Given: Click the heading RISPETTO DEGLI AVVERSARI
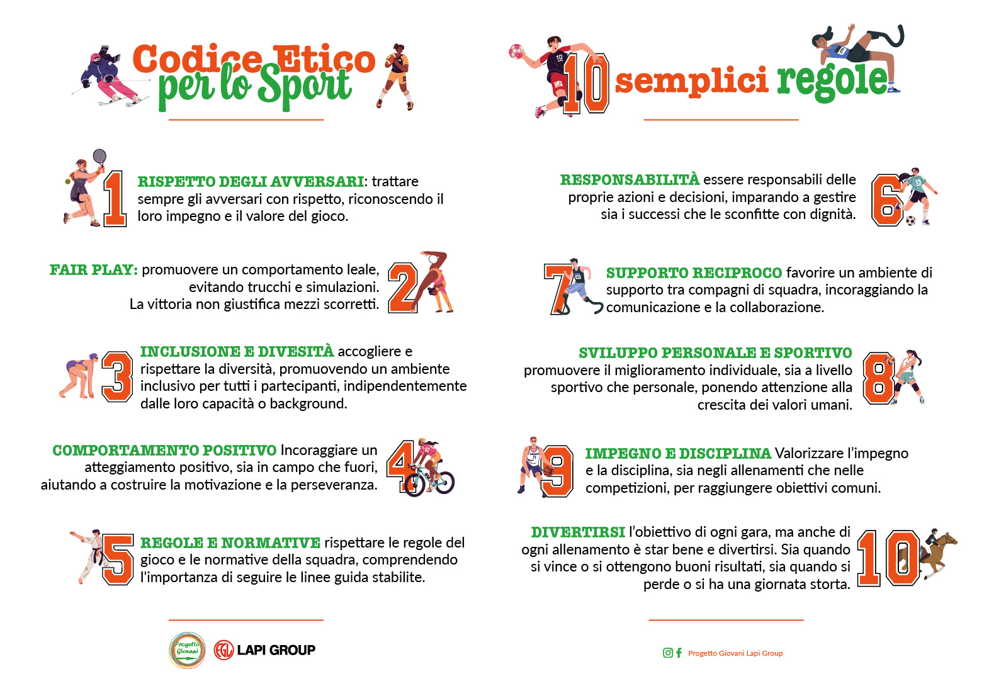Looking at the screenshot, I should (251, 182).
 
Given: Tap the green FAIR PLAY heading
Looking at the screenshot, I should (93, 270).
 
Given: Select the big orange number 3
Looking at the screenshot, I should (117, 376).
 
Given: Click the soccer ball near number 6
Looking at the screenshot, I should (910, 220).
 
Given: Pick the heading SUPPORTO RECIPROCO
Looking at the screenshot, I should (694, 273).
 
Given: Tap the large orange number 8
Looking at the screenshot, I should (878, 378).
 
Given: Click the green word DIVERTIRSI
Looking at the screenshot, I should (578, 532).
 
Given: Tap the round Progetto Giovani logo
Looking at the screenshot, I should (187, 650).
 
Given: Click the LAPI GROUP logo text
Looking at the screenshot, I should (276, 650).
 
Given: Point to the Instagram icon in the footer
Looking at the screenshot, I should (667, 653).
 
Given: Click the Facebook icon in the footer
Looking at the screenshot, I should (679, 653).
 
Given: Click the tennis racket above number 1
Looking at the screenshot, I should (99, 157).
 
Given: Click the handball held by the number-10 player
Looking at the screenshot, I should (516, 51).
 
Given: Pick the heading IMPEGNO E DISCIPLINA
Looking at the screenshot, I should (678, 454).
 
